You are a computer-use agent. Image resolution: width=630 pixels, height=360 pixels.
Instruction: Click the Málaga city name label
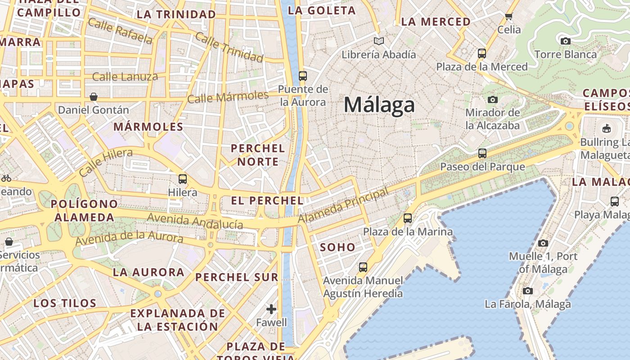(x=379, y=105)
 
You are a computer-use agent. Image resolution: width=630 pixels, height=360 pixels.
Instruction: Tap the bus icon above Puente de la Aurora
(x=303, y=76)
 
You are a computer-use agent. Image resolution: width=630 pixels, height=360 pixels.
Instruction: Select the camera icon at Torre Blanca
(x=566, y=41)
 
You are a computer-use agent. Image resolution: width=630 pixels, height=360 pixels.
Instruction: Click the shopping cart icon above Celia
(x=509, y=17)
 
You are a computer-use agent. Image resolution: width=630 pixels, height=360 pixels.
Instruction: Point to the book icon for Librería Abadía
(x=379, y=41)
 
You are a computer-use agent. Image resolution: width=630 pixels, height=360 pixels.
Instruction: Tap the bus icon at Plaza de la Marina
(x=408, y=218)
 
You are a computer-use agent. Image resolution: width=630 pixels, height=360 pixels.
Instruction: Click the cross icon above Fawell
(x=271, y=309)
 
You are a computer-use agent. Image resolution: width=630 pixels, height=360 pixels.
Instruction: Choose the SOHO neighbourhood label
(x=337, y=247)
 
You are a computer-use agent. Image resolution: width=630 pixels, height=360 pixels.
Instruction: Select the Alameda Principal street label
(x=343, y=206)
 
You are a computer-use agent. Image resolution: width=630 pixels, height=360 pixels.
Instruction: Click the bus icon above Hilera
(x=183, y=179)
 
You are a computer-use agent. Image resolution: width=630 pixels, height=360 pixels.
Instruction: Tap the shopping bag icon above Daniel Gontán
(x=94, y=97)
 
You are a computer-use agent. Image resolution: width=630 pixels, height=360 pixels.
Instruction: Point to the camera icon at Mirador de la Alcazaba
(x=493, y=99)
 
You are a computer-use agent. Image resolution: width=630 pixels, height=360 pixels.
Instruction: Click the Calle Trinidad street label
(x=229, y=47)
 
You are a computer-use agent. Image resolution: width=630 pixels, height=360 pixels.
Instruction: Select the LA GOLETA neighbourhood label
(x=321, y=11)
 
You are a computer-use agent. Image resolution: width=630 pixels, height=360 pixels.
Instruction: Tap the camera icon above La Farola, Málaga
(x=528, y=291)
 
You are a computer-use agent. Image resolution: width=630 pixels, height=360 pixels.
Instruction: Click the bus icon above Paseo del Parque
(x=482, y=153)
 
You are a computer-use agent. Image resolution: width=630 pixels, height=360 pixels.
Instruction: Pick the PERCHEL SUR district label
(x=237, y=277)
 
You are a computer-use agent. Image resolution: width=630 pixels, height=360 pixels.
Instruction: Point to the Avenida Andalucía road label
(x=195, y=221)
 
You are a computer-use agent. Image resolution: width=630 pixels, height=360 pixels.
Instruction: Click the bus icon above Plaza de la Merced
(x=482, y=54)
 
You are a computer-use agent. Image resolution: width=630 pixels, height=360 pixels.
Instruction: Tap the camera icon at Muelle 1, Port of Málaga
(x=543, y=243)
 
